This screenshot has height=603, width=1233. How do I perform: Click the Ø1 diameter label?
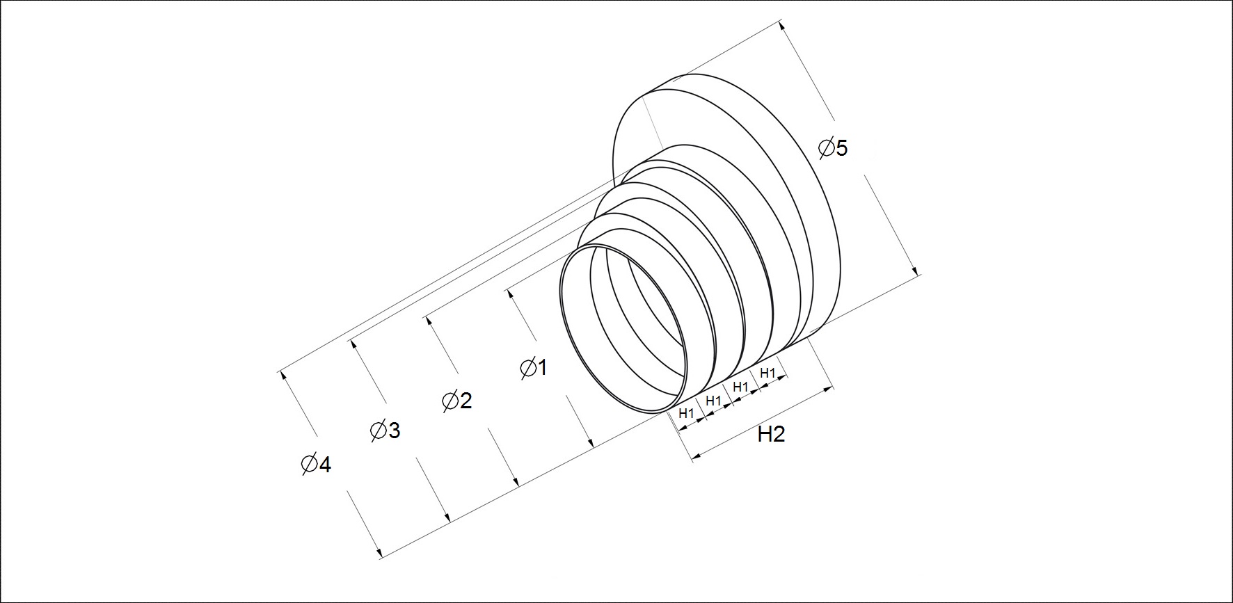[534, 367]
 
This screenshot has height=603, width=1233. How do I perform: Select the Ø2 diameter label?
[457, 400]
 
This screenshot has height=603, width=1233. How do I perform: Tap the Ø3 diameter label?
[385, 431]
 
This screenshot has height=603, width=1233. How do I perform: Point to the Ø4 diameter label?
[316, 463]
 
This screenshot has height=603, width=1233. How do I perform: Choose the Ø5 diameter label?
[833, 148]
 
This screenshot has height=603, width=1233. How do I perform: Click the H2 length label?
[771, 435]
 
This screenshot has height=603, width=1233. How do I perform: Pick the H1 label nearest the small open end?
[687, 413]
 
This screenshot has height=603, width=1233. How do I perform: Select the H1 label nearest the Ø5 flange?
[767, 373]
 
